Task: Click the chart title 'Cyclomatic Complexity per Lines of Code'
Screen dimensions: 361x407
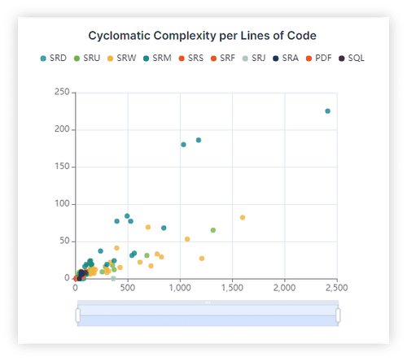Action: tap(202, 36)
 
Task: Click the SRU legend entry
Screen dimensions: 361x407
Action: tap(87, 59)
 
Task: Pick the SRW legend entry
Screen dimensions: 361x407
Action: tap(121, 59)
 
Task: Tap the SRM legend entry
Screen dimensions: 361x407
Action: tap(156, 59)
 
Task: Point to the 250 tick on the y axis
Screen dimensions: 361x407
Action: tap(61, 92)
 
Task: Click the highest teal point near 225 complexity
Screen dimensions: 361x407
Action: tap(327, 111)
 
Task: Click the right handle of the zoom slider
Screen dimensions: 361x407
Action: tap(338, 314)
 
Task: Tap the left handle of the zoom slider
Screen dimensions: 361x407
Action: tap(78, 314)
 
